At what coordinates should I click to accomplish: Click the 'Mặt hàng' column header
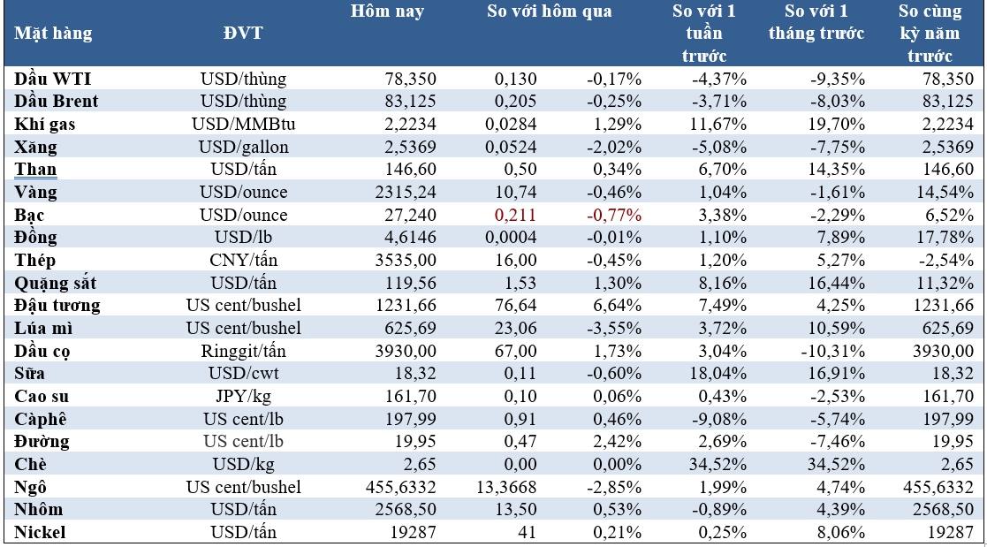tap(53, 34)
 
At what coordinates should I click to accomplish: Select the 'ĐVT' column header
tap(243, 34)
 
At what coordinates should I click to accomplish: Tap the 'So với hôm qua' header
tap(549, 12)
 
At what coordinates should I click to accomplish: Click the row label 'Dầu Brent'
tap(57, 102)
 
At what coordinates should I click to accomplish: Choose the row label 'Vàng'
tap(36, 193)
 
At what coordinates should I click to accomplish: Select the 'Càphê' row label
tap(41, 419)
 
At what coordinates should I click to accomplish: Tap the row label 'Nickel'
tap(41, 532)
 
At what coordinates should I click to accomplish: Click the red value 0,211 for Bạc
tap(518, 216)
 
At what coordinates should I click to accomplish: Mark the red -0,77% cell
tap(615, 216)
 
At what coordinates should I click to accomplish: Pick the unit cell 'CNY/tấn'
tap(243, 261)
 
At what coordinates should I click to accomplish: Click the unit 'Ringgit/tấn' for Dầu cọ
tap(243, 351)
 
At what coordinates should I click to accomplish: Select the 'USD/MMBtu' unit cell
tap(243, 125)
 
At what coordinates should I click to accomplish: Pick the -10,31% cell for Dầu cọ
tap(836, 351)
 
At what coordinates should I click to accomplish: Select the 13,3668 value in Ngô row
tap(505, 487)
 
